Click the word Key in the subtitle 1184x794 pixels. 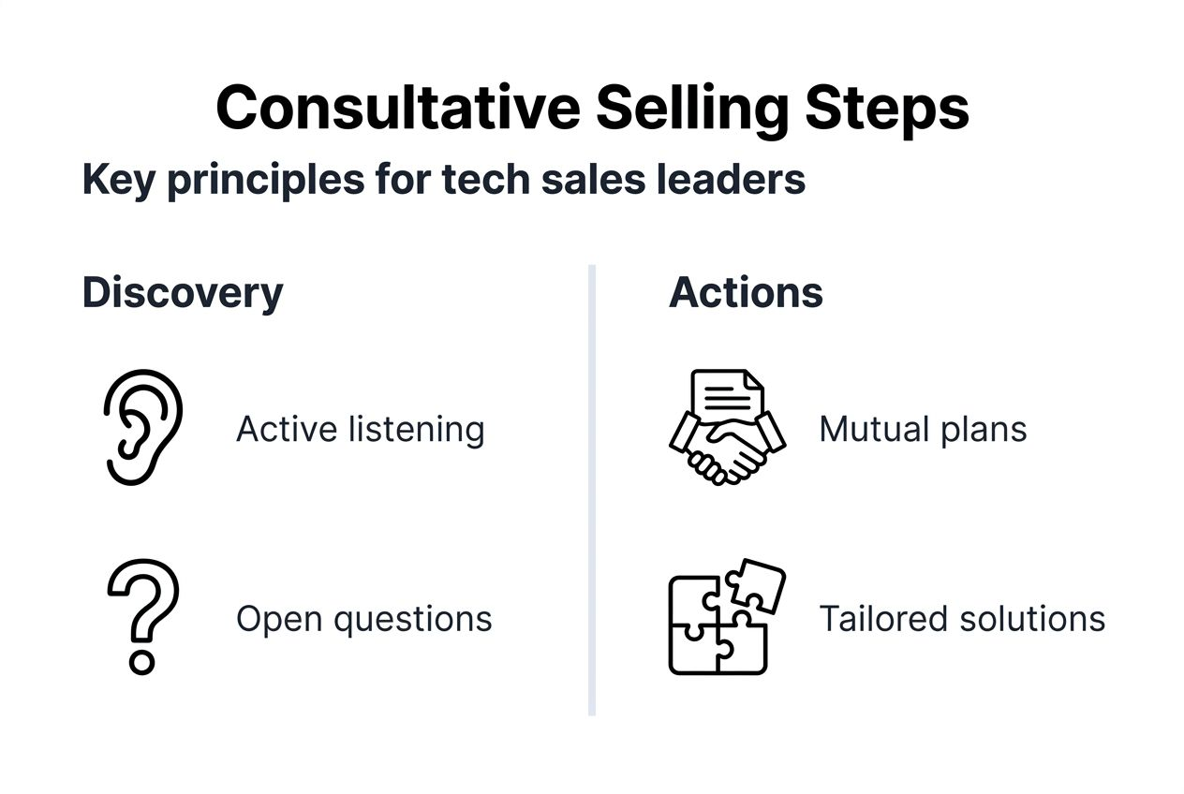118,178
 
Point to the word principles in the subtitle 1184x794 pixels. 265,178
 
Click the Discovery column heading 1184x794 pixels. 183,292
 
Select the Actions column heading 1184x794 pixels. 746,292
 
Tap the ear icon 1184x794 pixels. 141,427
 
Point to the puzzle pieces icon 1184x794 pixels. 726,618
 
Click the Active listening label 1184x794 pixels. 361,430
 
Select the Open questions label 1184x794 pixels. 363,619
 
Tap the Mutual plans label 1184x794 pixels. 923,430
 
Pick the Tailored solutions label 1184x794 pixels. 962,619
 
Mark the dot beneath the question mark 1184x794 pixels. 141,663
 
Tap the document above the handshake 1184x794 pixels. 727,394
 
